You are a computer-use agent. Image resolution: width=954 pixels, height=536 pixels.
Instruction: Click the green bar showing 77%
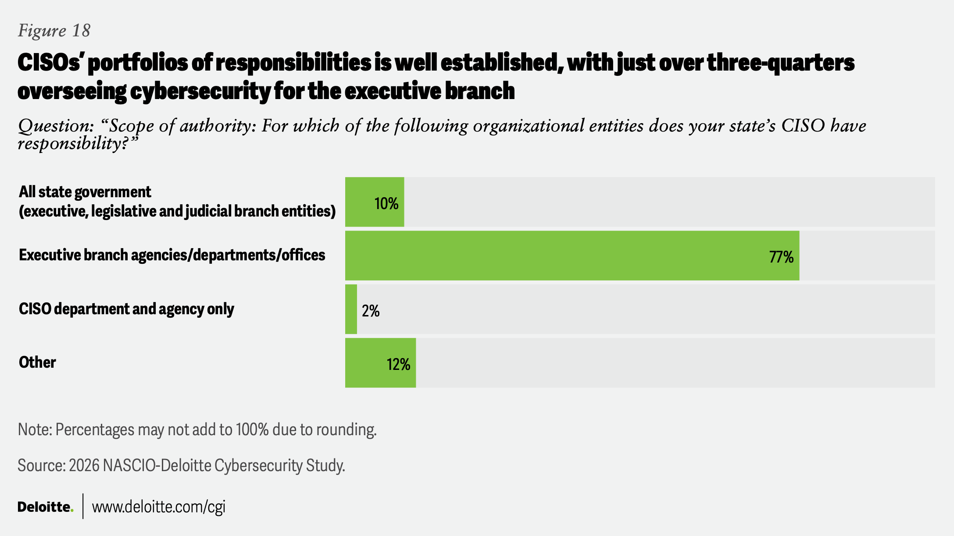point(570,256)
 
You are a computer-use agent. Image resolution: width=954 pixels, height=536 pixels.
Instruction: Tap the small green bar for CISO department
point(351,309)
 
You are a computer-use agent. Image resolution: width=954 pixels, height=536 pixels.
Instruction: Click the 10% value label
point(386,204)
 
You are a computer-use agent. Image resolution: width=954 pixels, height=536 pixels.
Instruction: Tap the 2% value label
point(371,311)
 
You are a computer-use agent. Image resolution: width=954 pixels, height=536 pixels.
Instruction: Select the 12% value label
point(398,365)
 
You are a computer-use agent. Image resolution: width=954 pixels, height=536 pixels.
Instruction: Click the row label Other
point(37,362)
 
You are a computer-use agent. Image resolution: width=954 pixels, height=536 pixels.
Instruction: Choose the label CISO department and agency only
point(126,309)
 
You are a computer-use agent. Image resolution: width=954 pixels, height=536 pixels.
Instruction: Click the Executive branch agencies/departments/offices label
point(172,255)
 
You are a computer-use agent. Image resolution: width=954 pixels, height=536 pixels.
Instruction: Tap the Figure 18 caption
point(54,31)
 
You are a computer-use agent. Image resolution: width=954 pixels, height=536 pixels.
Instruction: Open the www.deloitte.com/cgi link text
point(158,507)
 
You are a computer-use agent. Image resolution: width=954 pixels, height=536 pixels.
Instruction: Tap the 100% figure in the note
point(252,430)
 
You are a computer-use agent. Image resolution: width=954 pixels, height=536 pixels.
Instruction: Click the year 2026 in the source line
point(84,465)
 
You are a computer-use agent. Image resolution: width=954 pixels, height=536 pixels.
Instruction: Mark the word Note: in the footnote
point(34,430)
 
